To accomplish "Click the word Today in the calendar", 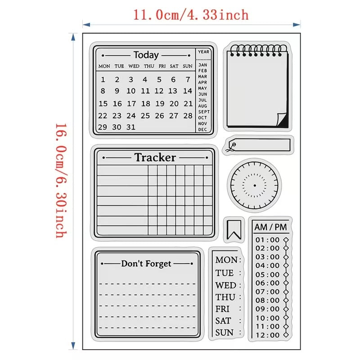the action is [x=146, y=55].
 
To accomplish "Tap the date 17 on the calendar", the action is [x=131, y=103].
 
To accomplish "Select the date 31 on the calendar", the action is [x=131, y=127].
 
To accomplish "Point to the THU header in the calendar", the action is [x=149, y=66].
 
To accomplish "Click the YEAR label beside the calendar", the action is [x=204, y=52].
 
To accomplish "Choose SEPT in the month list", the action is [x=204, y=112].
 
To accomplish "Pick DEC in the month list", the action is [x=202, y=130].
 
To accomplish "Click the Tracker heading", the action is [x=155, y=157].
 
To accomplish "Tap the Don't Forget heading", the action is [x=146, y=264].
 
